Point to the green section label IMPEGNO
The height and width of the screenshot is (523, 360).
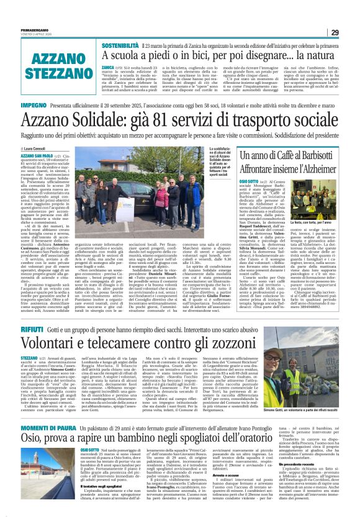(x=20, y=107)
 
